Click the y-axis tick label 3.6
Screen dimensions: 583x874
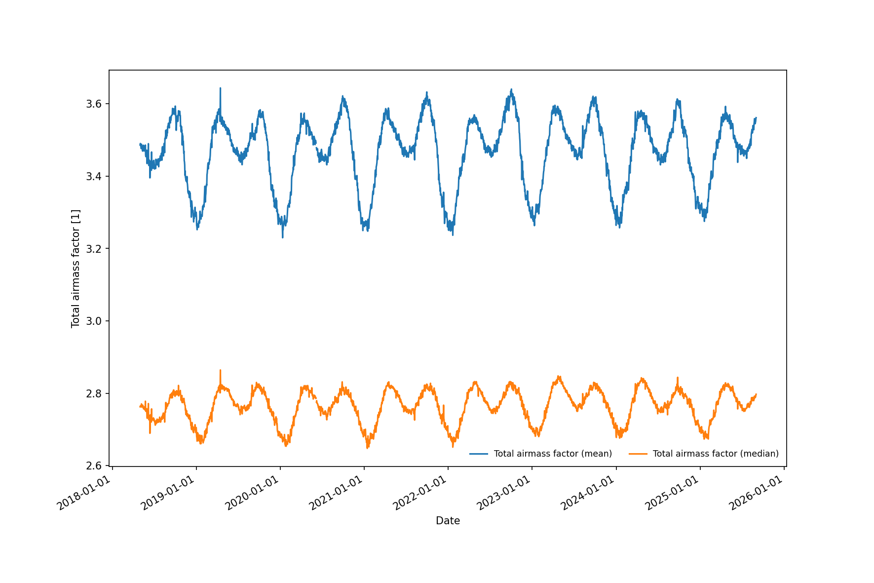point(94,104)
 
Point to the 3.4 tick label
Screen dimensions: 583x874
point(94,177)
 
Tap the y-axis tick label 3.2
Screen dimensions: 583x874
point(94,249)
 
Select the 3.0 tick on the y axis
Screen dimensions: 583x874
point(94,321)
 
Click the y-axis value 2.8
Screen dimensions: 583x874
point(94,394)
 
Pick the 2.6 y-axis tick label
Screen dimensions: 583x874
point(94,466)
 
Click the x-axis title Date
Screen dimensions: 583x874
point(448,521)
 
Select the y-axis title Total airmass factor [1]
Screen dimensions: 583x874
point(76,269)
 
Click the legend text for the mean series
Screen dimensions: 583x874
point(553,454)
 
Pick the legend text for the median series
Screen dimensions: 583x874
point(716,454)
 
